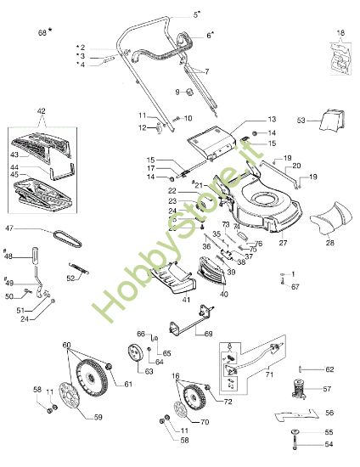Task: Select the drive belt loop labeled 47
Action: [x=60, y=236]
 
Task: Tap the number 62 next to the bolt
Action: [x=331, y=369]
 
